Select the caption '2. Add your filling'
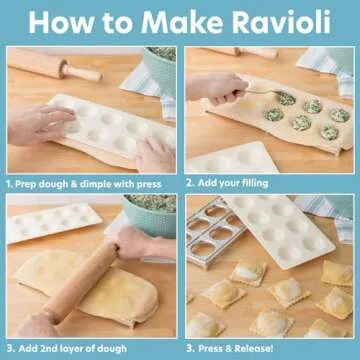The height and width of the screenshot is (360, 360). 232,183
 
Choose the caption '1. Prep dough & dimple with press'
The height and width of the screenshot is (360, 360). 88,183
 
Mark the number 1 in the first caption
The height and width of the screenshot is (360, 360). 9,183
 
